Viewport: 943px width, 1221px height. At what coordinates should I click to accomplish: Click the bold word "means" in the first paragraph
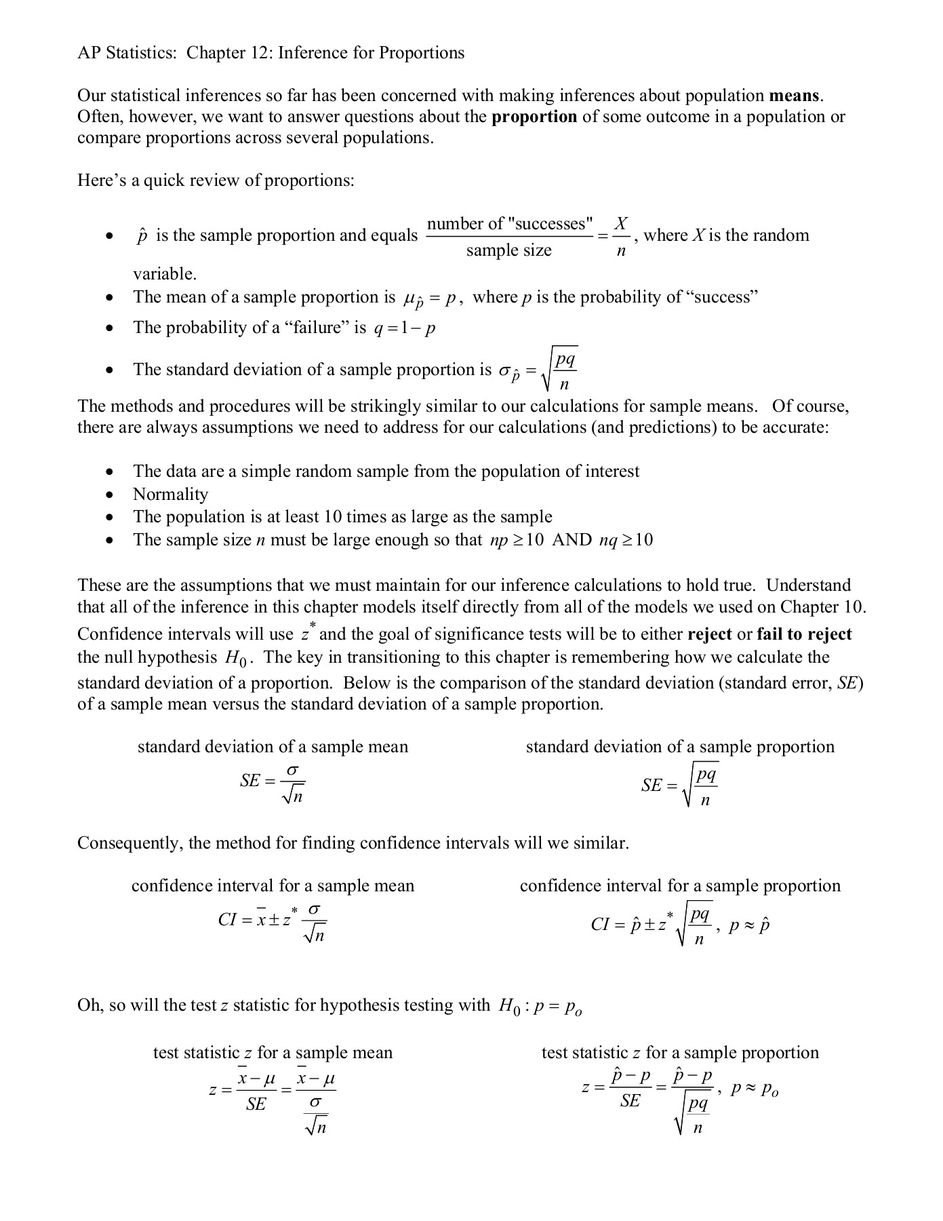[x=795, y=96]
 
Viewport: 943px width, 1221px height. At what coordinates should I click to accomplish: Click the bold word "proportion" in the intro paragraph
[x=534, y=117]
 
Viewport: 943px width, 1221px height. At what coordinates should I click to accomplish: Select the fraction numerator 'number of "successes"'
[x=510, y=224]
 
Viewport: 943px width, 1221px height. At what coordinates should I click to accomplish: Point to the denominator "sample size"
[x=509, y=250]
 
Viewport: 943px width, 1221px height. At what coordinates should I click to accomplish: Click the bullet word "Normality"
[x=170, y=495]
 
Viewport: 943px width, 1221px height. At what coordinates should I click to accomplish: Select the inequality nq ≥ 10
[x=626, y=540]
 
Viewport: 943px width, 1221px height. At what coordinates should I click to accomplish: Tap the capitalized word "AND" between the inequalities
[x=571, y=540]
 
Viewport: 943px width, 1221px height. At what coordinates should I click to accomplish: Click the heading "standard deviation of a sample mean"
[x=273, y=747]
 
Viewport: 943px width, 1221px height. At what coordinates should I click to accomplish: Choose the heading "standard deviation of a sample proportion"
[x=680, y=747]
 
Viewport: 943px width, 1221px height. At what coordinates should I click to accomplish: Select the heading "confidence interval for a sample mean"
[x=273, y=886]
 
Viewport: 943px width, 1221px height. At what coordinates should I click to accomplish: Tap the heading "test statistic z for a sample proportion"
[x=680, y=1053]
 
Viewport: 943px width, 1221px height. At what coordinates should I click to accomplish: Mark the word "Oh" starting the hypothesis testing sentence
[x=87, y=1005]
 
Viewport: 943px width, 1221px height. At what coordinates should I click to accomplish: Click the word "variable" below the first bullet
[x=163, y=274]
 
